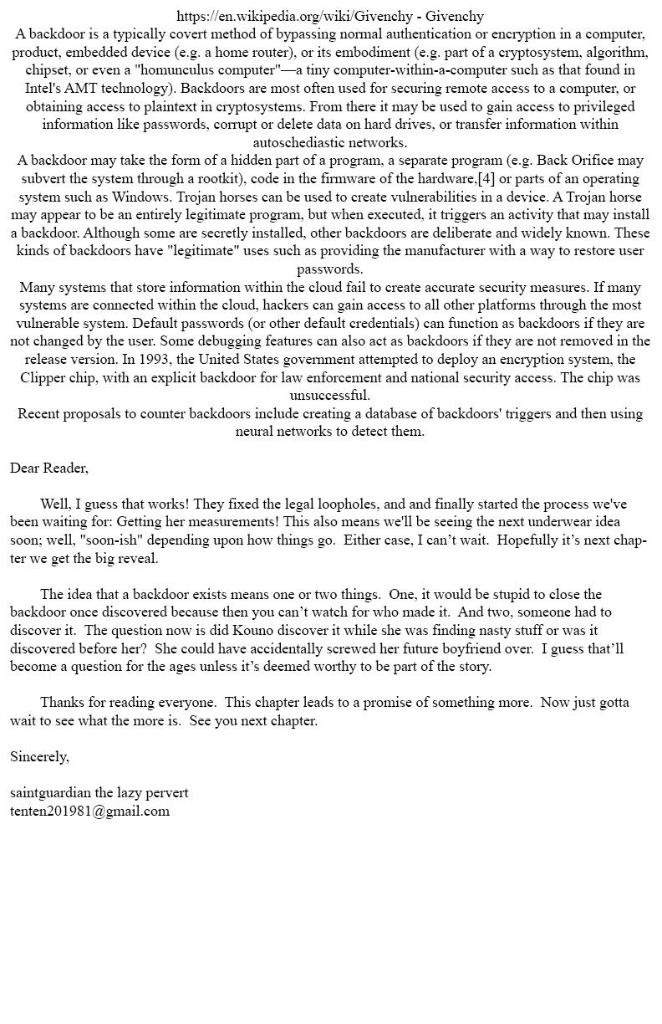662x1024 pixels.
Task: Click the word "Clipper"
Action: tap(46, 378)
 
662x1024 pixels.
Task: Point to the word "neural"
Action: tap(256, 432)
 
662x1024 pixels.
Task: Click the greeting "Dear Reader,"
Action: tap(49, 468)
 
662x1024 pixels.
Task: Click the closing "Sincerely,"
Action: tap(39, 757)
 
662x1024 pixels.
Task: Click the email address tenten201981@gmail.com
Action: tap(89, 812)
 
